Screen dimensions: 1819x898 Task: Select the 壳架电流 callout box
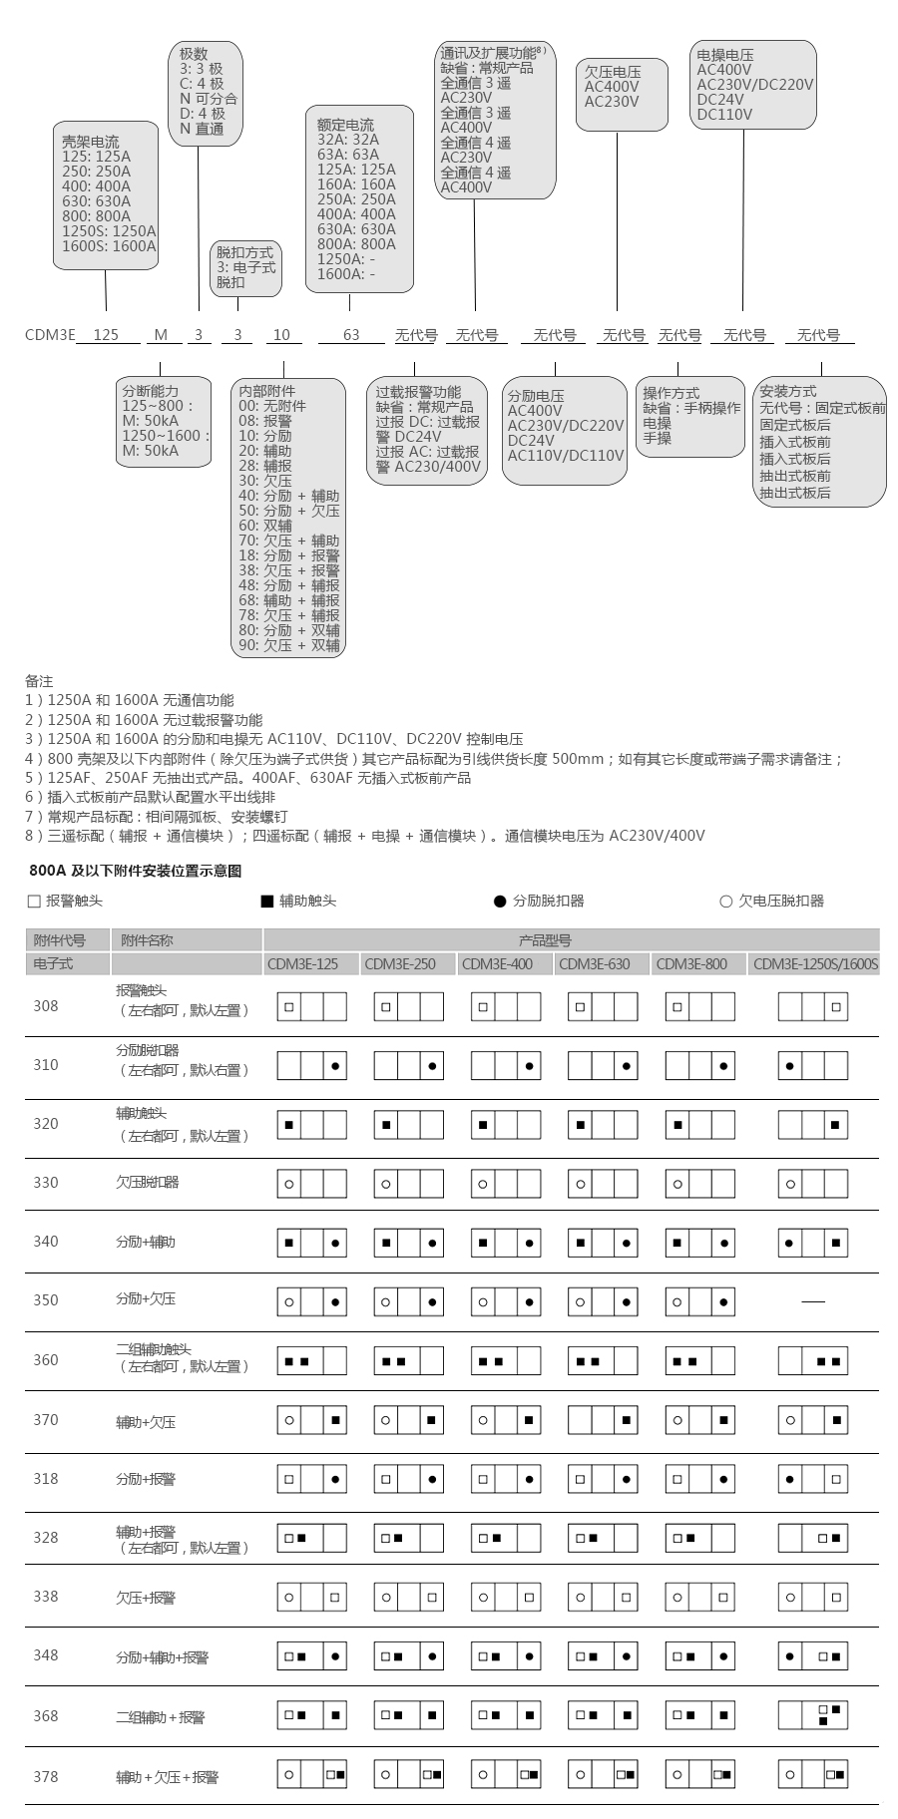pos(106,194)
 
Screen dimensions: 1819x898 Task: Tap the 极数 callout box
pos(205,93)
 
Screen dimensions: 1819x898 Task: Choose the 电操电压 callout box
pos(753,85)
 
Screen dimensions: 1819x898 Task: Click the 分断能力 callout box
pos(165,421)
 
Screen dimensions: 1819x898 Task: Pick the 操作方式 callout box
pos(690,416)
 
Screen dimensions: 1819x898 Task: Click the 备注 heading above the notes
pos(39,681)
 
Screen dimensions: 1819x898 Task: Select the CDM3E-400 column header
pos(497,964)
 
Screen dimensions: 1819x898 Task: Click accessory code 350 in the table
pos(46,1300)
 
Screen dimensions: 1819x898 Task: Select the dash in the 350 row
pos(813,1301)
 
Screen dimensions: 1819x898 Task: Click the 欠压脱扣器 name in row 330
pos(148,1183)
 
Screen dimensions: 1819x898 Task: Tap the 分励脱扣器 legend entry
pos(539,902)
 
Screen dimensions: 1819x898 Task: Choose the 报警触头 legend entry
pos(65,902)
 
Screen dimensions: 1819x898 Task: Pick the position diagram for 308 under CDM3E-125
pos(311,1007)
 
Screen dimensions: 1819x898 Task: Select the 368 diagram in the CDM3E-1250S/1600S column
pos(812,1716)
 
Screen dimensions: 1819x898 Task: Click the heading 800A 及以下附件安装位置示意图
pos(136,871)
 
